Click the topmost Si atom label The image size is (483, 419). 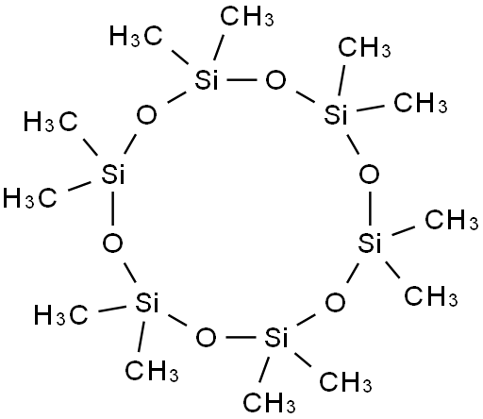(x=207, y=79)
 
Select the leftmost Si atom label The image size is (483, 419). (x=113, y=174)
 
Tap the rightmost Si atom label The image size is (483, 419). (x=370, y=243)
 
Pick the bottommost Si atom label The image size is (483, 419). (x=276, y=337)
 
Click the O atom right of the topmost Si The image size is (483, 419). (x=275, y=80)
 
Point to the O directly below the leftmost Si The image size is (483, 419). (x=112, y=243)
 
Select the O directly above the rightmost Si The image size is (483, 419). (x=369, y=174)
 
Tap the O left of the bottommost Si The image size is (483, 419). (x=207, y=337)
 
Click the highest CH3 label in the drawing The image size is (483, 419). (x=247, y=16)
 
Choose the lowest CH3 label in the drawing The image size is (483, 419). (x=270, y=402)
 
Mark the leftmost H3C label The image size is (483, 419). (x=30, y=198)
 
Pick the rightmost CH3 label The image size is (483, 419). (x=452, y=219)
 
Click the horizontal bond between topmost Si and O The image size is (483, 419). (x=241, y=80)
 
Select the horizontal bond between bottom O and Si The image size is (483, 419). (x=241, y=337)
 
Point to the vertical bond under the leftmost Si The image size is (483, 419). (x=112, y=209)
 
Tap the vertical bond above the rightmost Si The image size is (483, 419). (x=370, y=209)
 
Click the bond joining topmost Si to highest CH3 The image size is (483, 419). (x=219, y=48)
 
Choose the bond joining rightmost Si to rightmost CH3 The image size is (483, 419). (x=404, y=230)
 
